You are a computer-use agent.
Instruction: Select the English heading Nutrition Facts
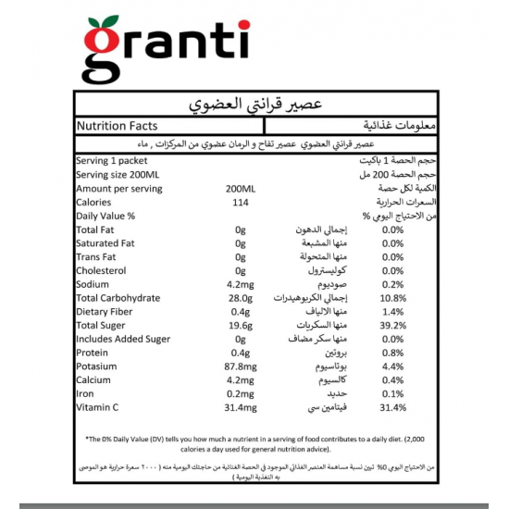click(x=118, y=125)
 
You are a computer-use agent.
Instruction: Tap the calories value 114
click(x=241, y=202)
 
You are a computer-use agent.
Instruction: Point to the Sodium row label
click(x=94, y=284)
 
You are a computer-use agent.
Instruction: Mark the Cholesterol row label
click(x=105, y=270)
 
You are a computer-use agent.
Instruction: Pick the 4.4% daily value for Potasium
click(x=392, y=366)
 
